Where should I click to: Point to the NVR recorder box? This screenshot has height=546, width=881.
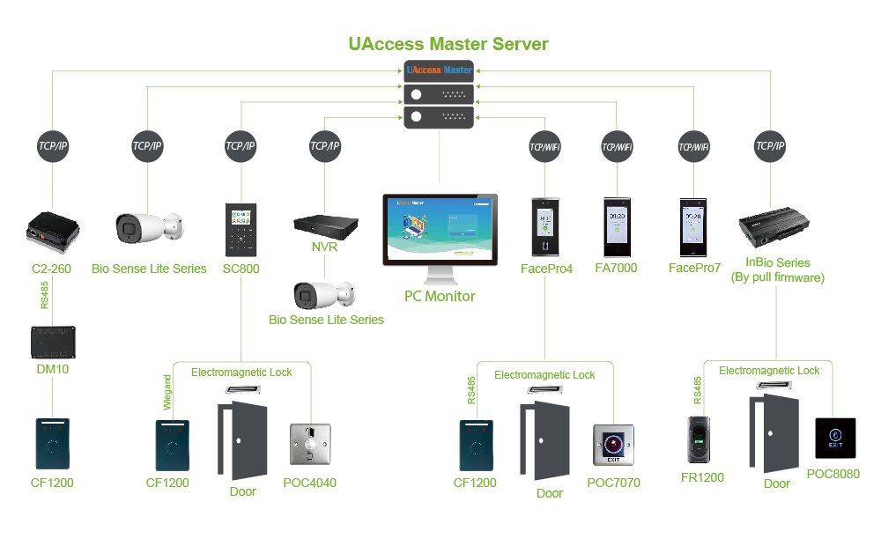[325, 224]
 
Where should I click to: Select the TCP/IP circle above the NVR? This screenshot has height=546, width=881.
[325, 146]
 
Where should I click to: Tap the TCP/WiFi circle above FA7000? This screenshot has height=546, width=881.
[617, 146]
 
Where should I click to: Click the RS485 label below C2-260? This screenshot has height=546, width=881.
[44, 295]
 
